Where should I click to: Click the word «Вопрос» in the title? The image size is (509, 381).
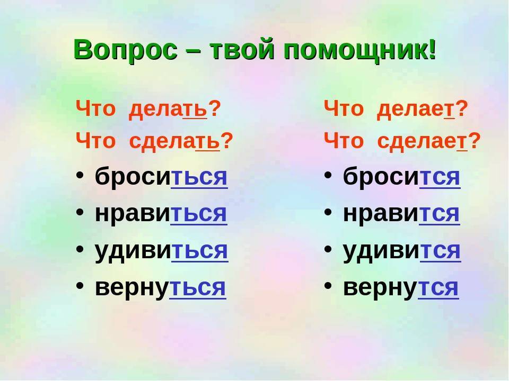pos(126,50)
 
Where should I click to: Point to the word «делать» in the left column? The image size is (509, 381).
pos(168,109)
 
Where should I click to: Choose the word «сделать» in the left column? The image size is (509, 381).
pos(174,141)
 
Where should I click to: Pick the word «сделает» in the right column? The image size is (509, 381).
pos(423,141)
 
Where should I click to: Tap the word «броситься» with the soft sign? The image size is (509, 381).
pos(161,176)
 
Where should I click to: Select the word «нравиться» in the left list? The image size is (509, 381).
pos(161,213)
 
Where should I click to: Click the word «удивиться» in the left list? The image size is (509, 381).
pos(162,251)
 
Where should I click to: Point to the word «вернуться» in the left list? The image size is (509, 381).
pos(160,287)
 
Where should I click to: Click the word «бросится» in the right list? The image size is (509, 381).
pos(402,176)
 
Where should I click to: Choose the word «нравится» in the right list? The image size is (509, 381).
pos(401,213)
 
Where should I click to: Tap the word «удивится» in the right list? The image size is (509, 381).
pos(402,251)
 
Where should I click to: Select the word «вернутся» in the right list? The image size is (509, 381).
pos(401,287)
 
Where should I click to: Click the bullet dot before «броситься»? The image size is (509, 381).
pos(80,175)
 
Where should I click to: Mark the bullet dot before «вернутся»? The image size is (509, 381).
pos(328,285)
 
